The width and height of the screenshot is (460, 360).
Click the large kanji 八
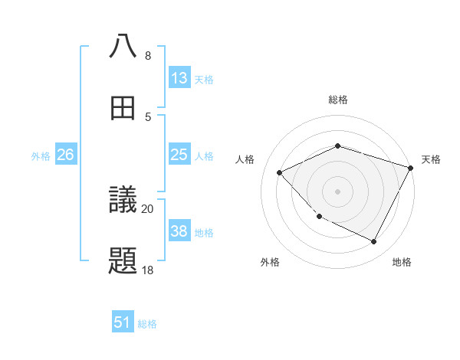[123, 46]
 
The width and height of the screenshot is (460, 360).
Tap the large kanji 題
[123, 261]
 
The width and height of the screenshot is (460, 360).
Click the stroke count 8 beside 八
[148, 56]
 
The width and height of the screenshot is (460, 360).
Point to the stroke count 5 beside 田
[148, 116]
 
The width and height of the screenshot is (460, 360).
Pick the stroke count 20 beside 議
[148, 208]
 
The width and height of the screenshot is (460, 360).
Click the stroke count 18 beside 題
[148, 270]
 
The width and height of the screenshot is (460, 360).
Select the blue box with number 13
[179, 78]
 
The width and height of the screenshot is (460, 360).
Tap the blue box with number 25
[179, 155]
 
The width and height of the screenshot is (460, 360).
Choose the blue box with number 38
[179, 231]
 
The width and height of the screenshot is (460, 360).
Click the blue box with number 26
[66, 155]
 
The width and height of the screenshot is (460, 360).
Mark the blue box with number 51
[123, 322]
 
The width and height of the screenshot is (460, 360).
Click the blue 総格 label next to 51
[147, 324]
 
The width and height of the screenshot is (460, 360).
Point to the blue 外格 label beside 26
[41, 156]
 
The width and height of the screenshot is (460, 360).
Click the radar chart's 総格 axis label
[338, 100]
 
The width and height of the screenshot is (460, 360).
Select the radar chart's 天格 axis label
[431, 159]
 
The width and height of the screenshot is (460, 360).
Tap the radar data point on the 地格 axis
[374, 242]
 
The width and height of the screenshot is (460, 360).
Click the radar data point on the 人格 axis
[280, 172]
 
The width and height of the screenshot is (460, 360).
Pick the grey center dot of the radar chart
[338, 191]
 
